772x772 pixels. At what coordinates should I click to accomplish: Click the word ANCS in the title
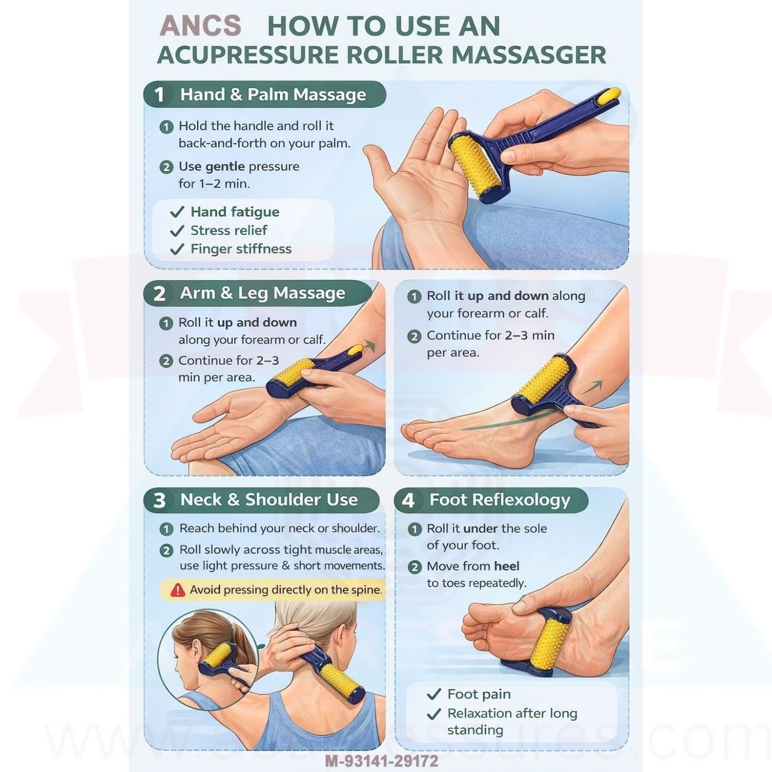coord(200,26)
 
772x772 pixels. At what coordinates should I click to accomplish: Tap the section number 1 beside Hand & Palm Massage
coord(160,95)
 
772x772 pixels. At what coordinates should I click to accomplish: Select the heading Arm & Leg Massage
coord(262,293)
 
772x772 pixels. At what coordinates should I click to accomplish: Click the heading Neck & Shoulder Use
coord(269,500)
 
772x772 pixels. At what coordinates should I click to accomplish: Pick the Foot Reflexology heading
coord(500,500)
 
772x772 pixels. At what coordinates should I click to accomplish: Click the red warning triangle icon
coord(178,590)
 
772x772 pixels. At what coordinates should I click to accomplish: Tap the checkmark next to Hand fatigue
coord(177,212)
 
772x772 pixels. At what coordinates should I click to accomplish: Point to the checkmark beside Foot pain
coord(434,694)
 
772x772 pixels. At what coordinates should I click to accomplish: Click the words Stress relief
coord(229,231)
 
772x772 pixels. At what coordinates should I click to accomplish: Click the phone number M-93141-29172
coord(381,761)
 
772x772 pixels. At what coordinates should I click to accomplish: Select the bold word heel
coord(506,566)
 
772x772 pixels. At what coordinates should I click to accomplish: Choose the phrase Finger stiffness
coord(241,249)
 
